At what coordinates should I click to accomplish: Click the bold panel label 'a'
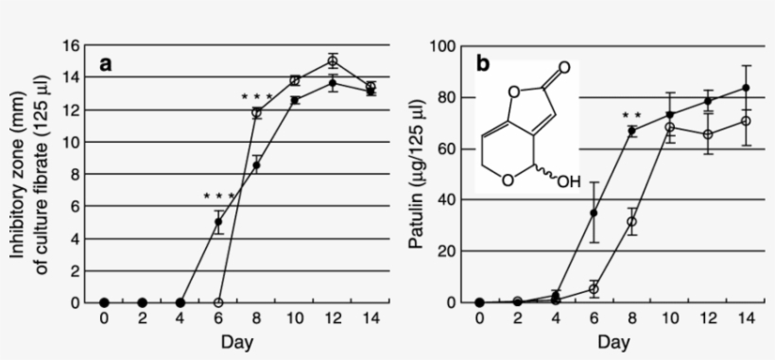pos(108,64)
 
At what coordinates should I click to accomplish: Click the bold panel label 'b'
pos(483,64)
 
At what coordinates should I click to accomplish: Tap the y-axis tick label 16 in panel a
pos(71,45)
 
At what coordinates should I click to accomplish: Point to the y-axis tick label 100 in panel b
pos(445,45)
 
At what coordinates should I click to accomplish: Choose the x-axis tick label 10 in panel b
pos(670,318)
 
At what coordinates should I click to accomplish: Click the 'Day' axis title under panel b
pos(612,340)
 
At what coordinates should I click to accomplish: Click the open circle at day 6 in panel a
pos(218,302)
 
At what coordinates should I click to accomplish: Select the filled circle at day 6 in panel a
pos(218,223)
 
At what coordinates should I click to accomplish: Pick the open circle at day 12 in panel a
pos(333,61)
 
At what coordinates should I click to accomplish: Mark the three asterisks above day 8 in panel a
pos(255,96)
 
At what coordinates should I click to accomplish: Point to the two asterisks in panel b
pos(631,116)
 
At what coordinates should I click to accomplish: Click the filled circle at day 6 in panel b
pos(594,213)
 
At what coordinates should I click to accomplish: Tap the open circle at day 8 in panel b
pos(631,222)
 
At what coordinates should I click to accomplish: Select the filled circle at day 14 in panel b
pos(746,88)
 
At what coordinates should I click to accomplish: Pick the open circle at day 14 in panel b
pos(746,121)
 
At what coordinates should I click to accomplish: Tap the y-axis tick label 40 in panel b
pos(449,199)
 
